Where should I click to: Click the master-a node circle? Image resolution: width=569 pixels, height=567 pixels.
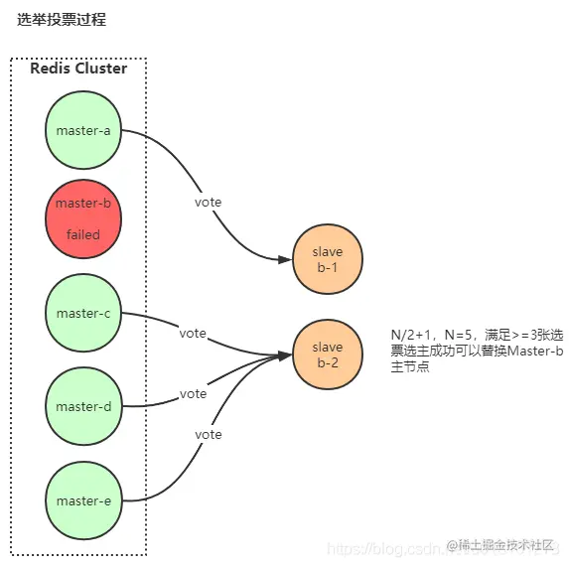click(x=83, y=130)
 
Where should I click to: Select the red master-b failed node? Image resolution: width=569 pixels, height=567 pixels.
click(x=83, y=218)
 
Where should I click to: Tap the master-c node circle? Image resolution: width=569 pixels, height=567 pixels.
click(x=83, y=314)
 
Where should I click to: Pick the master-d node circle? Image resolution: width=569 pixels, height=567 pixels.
click(x=83, y=406)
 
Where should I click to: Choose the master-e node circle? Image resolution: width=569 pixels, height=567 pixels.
click(x=83, y=500)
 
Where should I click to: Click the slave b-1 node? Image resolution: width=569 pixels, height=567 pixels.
click(x=328, y=260)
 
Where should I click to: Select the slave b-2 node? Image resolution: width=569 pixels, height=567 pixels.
click(x=328, y=354)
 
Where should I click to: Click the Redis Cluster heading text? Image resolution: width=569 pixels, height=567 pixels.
click(x=78, y=69)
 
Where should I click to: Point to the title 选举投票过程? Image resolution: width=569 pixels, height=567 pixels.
click(x=62, y=19)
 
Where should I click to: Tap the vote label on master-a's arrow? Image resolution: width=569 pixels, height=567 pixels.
click(x=209, y=203)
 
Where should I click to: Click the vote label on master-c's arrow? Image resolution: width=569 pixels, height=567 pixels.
click(x=193, y=334)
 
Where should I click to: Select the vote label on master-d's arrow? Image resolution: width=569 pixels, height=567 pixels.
click(x=193, y=394)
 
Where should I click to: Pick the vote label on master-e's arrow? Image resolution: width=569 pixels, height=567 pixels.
click(x=209, y=435)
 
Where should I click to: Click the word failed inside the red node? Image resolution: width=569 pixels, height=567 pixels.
click(x=83, y=235)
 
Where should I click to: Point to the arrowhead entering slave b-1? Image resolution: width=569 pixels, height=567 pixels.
click(x=286, y=260)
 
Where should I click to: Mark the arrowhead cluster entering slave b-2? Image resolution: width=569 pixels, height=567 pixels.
click(x=286, y=354)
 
